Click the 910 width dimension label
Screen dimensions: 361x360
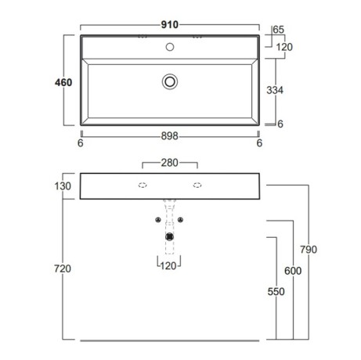(x=170, y=25)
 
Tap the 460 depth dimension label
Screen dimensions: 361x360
(x=63, y=82)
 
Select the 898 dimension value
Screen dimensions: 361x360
(x=170, y=136)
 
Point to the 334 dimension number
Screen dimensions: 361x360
(x=275, y=90)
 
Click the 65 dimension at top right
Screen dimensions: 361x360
(x=279, y=30)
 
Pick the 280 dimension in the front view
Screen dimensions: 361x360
(x=170, y=163)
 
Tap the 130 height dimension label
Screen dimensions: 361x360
(x=63, y=186)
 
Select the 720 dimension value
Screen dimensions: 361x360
(x=63, y=268)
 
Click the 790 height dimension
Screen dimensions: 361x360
(x=309, y=250)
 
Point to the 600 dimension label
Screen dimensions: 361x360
(x=293, y=271)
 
